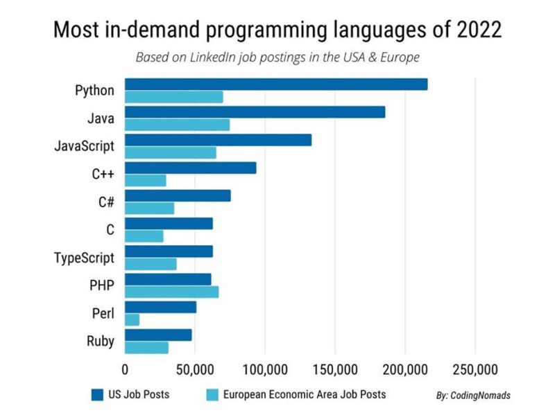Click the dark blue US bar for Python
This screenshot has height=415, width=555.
click(276, 85)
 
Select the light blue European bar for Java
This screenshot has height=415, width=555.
click(177, 125)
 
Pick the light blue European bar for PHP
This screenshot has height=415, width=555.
click(171, 292)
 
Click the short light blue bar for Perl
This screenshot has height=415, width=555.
click(132, 319)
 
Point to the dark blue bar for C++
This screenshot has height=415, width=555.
click(190, 168)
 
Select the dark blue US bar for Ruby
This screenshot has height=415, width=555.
click(158, 335)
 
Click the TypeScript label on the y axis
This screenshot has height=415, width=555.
click(84, 258)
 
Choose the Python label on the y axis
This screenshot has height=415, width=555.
click(95, 91)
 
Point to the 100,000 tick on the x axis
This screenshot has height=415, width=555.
click(265, 367)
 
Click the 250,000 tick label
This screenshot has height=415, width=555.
click(475, 367)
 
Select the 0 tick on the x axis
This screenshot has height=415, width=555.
click(125, 367)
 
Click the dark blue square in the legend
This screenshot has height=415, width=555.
click(97, 395)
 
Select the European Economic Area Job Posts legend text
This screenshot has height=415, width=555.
click(304, 395)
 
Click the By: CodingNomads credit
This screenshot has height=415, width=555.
click(473, 396)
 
